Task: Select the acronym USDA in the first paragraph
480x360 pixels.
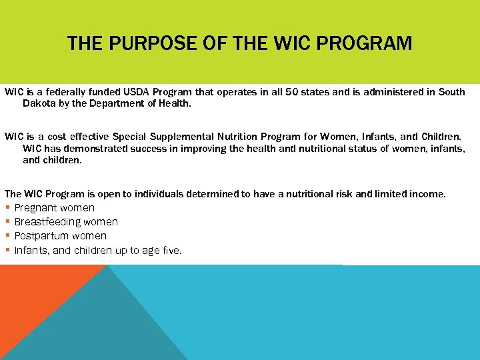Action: (x=131, y=92)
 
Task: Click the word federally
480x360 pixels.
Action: (x=66, y=92)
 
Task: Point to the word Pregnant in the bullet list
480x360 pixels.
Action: (x=35, y=208)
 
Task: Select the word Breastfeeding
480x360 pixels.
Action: (x=47, y=222)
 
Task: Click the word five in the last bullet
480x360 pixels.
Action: (x=169, y=251)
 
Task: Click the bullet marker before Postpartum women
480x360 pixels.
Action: (x=7, y=236)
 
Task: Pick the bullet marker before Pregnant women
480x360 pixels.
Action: (x=7, y=208)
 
